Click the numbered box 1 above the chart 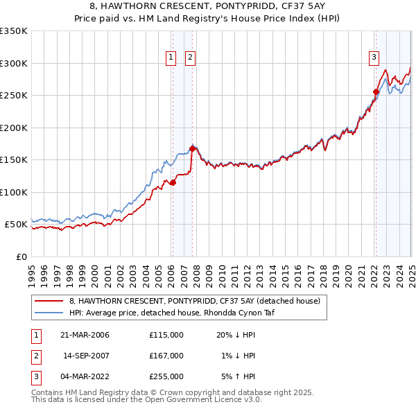click(x=171, y=58)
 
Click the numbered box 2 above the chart click(x=189, y=58)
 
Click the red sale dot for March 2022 click(x=376, y=92)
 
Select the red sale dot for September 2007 click(x=192, y=148)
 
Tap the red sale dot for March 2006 click(x=173, y=182)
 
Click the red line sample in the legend click(x=48, y=301)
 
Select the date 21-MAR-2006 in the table click(x=85, y=335)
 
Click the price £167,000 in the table click(x=166, y=356)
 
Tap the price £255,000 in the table click(x=166, y=376)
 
